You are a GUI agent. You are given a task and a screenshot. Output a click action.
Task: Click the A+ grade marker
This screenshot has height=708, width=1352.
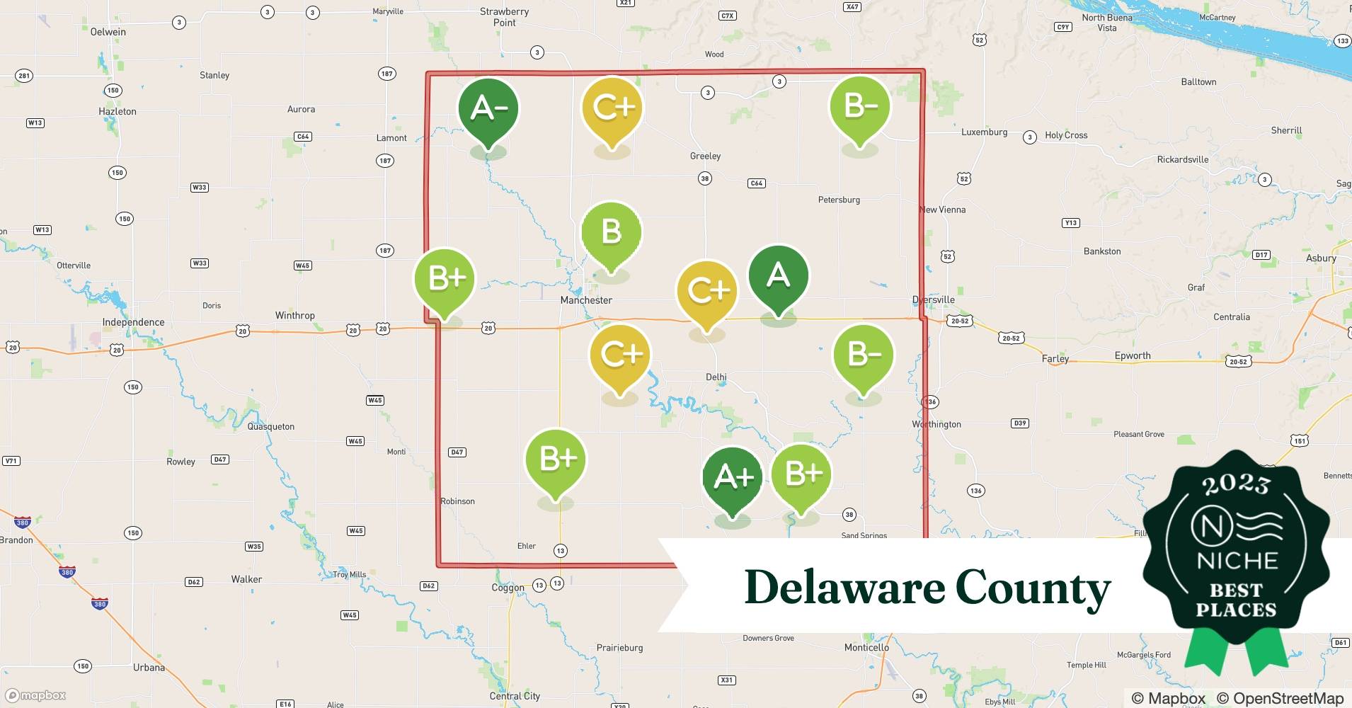[x=733, y=478]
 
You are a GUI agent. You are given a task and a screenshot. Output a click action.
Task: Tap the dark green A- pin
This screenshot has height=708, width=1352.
[x=488, y=109]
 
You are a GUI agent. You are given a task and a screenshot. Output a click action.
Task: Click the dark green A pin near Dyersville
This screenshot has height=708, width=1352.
[x=778, y=275]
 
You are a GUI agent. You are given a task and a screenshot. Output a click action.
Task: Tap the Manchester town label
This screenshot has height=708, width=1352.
[x=586, y=300]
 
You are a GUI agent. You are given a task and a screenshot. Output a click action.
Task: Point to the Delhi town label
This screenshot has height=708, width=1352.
[x=716, y=377]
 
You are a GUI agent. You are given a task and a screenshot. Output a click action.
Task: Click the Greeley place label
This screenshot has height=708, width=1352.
[x=705, y=156]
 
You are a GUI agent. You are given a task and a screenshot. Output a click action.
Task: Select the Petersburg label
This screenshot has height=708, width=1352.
[x=839, y=200]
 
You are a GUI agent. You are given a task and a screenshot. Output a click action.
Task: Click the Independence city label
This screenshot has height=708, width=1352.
[x=133, y=322]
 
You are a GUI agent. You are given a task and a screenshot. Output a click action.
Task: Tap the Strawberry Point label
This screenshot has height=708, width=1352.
[x=504, y=17]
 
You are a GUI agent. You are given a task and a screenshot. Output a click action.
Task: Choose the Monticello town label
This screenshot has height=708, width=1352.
[x=866, y=647]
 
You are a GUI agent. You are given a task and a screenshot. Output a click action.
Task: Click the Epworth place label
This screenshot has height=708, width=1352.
[x=1133, y=355]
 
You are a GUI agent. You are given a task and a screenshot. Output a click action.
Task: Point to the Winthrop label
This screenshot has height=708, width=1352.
[x=294, y=315]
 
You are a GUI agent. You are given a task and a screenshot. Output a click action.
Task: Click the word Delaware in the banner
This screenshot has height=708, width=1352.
[x=844, y=588]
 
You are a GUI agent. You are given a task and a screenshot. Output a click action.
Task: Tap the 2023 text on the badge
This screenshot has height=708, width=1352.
[x=1236, y=484]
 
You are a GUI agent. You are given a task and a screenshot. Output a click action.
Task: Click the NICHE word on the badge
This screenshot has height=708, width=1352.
[x=1237, y=561]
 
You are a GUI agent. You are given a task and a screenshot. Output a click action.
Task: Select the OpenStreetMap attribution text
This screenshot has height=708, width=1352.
[x=1280, y=698]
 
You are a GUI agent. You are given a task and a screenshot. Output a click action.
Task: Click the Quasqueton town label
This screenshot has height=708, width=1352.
[x=270, y=426]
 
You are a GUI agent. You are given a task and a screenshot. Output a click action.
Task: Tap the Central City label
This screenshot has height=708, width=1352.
[x=515, y=696]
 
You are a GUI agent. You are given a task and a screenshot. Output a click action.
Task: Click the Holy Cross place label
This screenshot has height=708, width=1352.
[x=1066, y=135]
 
